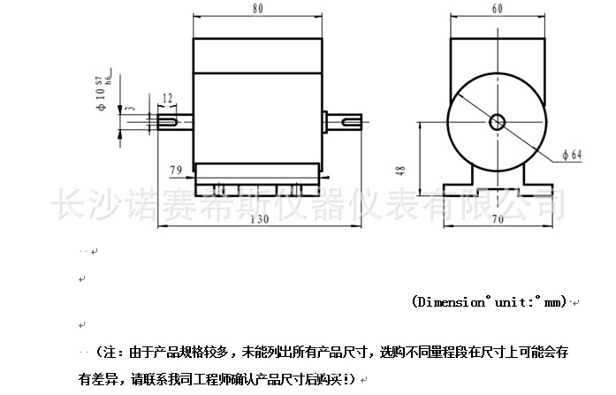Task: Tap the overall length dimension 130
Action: pos(259,219)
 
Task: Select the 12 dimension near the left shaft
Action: pos(167,97)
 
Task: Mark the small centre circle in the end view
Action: pos(497,122)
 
